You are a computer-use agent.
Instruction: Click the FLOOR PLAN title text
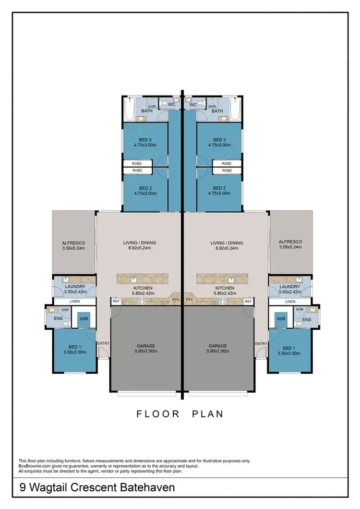(180, 413)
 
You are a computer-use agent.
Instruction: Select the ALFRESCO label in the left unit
(73, 242)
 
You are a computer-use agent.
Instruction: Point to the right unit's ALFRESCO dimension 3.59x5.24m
(290, 248)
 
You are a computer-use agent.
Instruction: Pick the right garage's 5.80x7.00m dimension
(218, 351)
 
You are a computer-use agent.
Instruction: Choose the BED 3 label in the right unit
(219, 139)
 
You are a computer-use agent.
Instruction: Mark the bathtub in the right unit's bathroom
(236, 110)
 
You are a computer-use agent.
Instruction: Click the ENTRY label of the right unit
(261, 344)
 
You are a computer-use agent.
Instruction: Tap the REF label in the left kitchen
(116, 301)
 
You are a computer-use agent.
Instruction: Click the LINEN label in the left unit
(74, 302)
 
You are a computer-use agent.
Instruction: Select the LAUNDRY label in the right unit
(290, 287)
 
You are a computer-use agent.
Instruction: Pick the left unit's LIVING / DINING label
(140, 242)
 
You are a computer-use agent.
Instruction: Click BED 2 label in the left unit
(145, 188)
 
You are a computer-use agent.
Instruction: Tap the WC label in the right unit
(193, 104)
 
